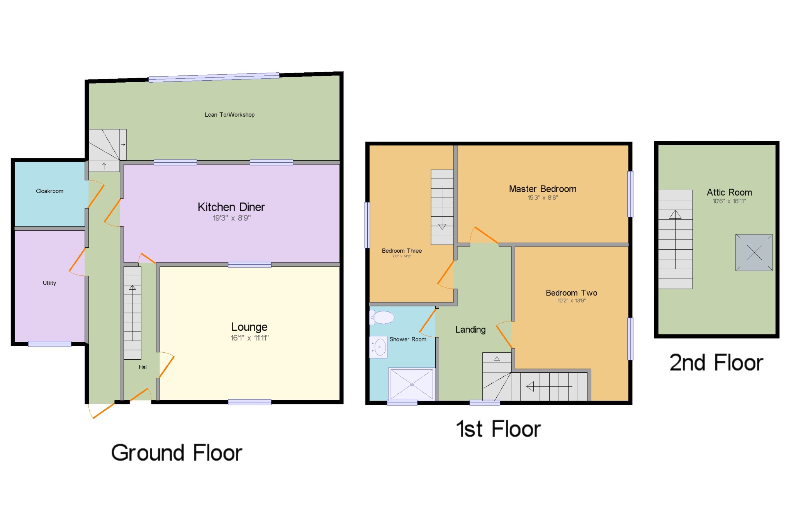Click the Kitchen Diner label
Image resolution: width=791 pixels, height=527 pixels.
click(x=231, y=207)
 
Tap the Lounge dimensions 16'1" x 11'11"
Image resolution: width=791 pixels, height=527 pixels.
click(x=250, y=338)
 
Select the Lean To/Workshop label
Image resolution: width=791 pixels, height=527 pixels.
click(x=229, y=115)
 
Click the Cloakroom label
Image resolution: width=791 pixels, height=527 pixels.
click(x=49, y=191)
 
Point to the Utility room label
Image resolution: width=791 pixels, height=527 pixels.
click(x=49, y=283)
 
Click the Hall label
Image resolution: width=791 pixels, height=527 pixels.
click(x=143, y=367)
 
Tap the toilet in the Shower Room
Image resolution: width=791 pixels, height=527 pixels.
click(x=382, y=318)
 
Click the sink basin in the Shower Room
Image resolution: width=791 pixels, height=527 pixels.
click(x=379, y=347)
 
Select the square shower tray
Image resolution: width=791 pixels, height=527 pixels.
click(x=412, y=384)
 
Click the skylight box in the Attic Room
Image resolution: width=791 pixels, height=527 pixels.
click(x=754, y=253)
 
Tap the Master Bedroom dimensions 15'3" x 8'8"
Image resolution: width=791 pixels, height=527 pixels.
click(x=543, y=198)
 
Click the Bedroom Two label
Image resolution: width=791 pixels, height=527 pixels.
click(x=571, y=293)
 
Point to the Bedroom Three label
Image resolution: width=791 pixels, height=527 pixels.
click(x=402, y=251)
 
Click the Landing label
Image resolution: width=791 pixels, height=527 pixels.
click(x=470, y=330)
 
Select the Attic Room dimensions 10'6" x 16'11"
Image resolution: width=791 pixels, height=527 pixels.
click(x=729, y=201)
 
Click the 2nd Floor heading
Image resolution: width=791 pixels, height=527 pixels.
click(x=716, y=363)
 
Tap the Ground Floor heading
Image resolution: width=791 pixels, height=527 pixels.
click(x=177, y=453)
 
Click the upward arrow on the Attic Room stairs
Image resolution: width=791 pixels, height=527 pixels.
click(x=675, y=214)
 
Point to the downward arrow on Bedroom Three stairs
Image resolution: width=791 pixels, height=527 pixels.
click(x=442, y=226)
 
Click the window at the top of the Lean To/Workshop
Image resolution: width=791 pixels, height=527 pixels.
click(x=214, y=77)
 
